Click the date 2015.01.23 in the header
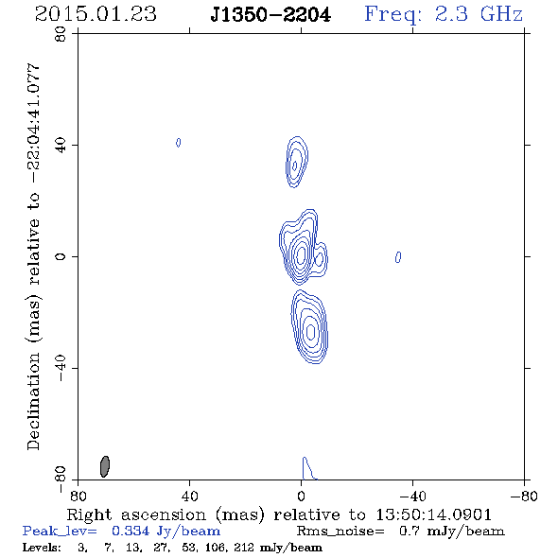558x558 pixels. pyautogui.click(x=96, y=14)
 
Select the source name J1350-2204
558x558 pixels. pyautogui.click(x=270, y=15)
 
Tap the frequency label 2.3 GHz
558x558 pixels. pyautogui.click(x=479, y=14)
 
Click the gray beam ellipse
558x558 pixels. pyautogui.click(x=105, y=466)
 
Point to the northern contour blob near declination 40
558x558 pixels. pyautogui.click(x=297, y=162)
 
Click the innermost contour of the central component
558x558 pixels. pyautogui.click(x=301, y=254)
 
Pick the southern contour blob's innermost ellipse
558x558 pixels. pyautogui.click(x=310, y=332)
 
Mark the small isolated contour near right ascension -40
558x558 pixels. pyautogui.click(x=398, y=257)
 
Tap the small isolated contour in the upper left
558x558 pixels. pyautogui.click(x=179, y=143)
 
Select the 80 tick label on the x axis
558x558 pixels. pyautogui.click(x=78, y=496)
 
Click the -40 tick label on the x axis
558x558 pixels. pyautogui.click(x=412, y=496)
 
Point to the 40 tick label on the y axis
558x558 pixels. pyautogui.click(x=61, y=146)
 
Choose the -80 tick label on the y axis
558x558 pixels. pyautogui.click(x=61, y=479)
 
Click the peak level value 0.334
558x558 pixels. pyautogui.click(x=131, y=531)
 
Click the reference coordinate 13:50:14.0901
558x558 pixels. pyautogui.click(x=433, y=514)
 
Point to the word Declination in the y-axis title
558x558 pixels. pyautogui.click(x=33, y=401)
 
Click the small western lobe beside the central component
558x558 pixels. pyautogui.click(x=320, y=258)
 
